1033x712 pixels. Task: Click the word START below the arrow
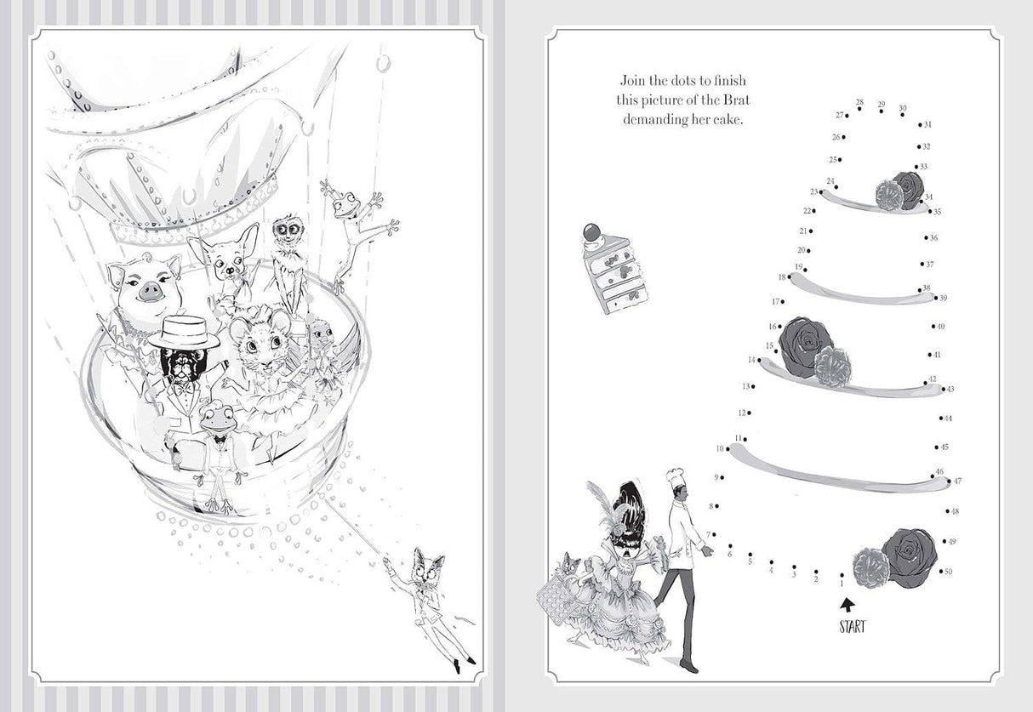tap(853, 627)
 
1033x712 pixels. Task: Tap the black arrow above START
tap(848, 605)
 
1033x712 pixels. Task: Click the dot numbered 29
tap(882, 111)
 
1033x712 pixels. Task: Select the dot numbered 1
tap(842, 575)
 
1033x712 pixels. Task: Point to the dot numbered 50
tap(941, 572)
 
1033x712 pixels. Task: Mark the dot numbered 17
tap(783, 302)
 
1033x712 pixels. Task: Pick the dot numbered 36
tap(926, 238)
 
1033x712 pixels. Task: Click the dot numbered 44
tap(941, 419)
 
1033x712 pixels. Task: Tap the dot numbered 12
tap(750, 413)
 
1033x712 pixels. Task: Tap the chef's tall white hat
tap(675, 478)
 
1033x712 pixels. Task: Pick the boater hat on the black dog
tap(184, 332)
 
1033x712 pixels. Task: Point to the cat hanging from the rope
tap(428, 604)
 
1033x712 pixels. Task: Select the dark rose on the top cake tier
tap(907, 190)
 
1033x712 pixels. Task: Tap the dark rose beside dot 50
tap(910, 558)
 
